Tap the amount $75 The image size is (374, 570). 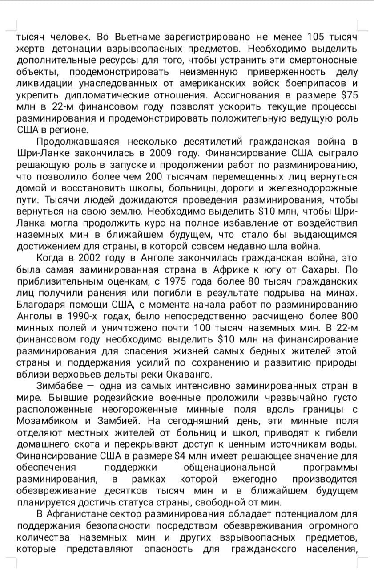point(349,95)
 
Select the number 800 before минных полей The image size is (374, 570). point(347,316)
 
